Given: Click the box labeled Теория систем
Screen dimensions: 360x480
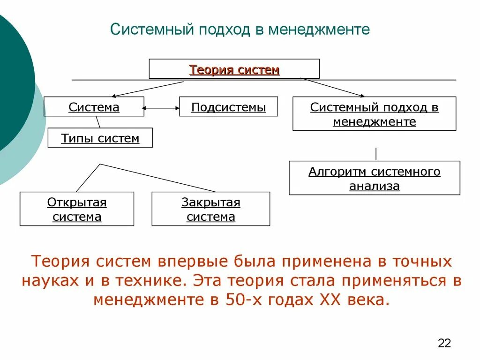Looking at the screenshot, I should click(234, 69).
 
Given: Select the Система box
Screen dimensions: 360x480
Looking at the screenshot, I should click(94, 107).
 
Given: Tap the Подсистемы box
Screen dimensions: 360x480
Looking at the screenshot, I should click(228, 107).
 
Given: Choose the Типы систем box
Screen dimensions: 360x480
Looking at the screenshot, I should click(100, 138).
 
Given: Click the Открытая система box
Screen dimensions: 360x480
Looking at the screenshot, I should click(77, 209).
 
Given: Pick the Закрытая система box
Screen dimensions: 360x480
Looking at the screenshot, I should click(211, 209).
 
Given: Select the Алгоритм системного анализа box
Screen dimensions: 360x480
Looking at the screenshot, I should click(374, 178).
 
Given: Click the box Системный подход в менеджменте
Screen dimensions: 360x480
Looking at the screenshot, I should click(374, 114).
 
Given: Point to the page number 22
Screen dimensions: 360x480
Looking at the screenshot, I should click(444, 343).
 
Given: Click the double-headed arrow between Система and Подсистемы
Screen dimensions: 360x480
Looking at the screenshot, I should click(162, 108).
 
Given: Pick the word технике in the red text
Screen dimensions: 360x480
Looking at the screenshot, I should click(147, 280).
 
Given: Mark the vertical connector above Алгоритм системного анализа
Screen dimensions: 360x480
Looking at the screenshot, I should click(376, 154).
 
